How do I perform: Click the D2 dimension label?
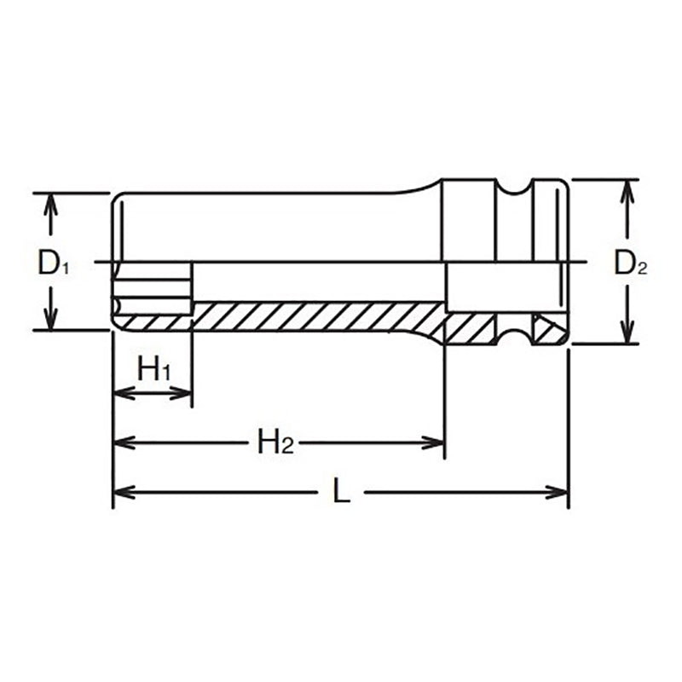631,264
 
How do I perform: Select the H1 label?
154,370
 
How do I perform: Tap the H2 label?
275,442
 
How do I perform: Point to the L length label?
341,492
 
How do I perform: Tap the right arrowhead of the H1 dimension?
183,393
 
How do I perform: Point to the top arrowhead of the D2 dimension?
627,188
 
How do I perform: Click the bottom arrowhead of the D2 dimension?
627,336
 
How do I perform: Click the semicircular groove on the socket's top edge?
513,186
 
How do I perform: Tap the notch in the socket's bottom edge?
513,337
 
